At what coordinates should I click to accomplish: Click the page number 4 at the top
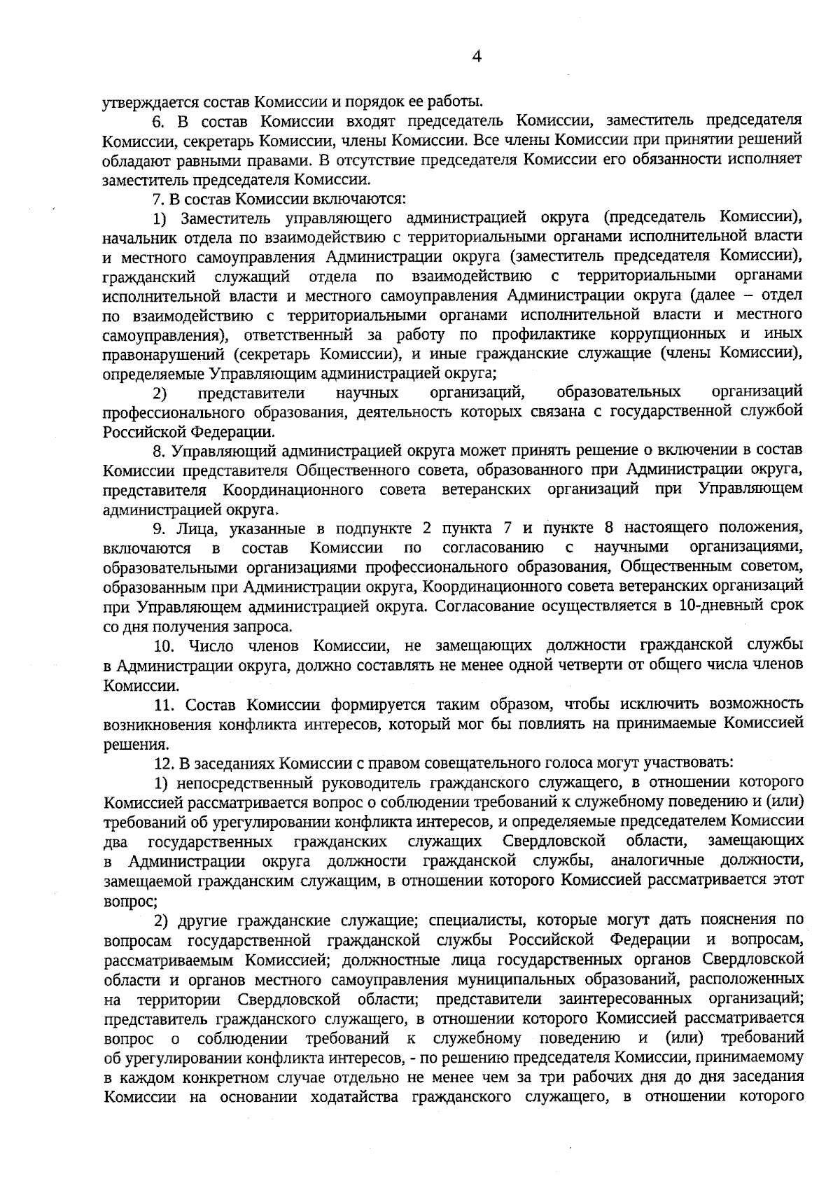[x=477, y=57]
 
